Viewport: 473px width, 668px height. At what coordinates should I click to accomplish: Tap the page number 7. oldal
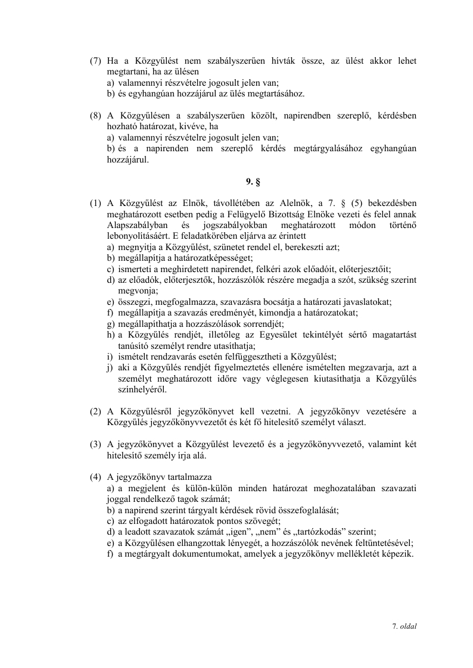(404, 626)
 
